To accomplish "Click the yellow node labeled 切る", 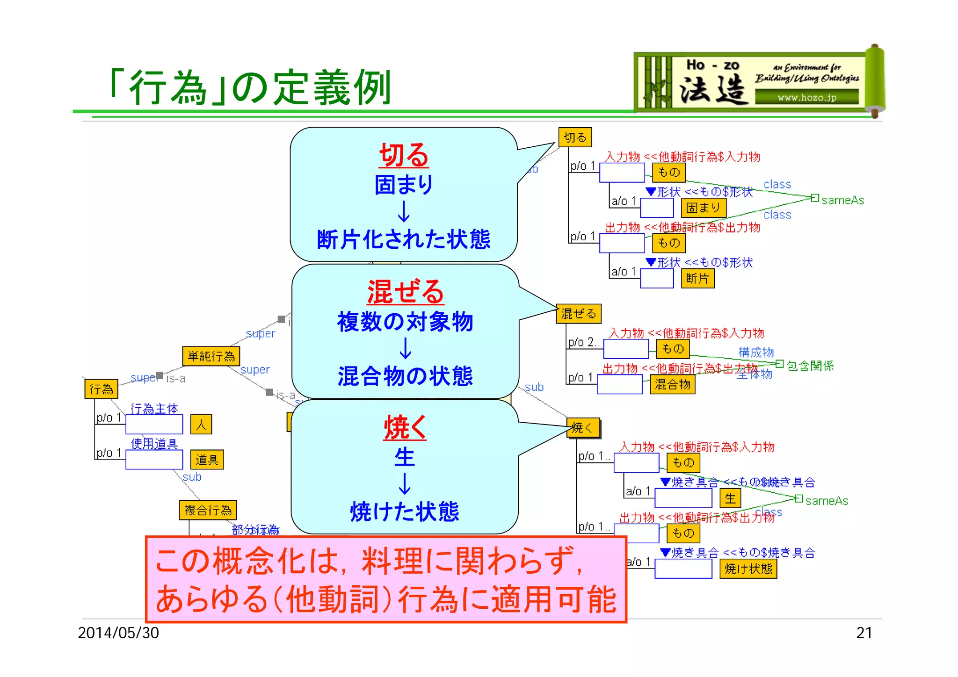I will click(x=575, y=137).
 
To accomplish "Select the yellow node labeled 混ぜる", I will click(x=579, y=314).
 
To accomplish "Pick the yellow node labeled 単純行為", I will click(x=211, y=356).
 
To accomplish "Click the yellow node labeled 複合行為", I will click(x=208, y=510).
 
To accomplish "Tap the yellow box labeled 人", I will click(x=201, y=425).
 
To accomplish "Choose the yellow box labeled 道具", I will click(x=207, y=460).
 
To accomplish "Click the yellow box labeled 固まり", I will click(x=703, y=208).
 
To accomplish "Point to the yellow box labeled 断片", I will click(x=697, y=279).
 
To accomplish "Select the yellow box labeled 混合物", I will click(x=672, y=384).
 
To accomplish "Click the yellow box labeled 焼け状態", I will click(x=748, y=569).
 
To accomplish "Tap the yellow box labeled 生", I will click(x=730, y=498).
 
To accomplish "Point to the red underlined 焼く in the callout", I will click(x=405, y=427).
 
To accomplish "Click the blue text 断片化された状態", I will click(x=404, y=239).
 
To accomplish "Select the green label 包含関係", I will click(x=810, y=366).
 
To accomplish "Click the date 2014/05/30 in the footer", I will click(x=118, y=633).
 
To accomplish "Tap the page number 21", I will click(x=864, y=633).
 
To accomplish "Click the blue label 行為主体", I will click(x=154, y=409).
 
